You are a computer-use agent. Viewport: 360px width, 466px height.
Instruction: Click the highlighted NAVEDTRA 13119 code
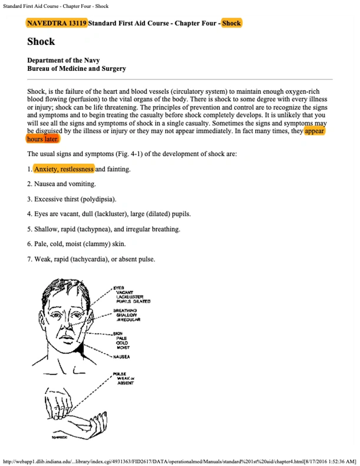pyautogui.click(x=57, y=23)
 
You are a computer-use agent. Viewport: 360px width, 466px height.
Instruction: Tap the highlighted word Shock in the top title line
pyautogui.click(x=231, y=23)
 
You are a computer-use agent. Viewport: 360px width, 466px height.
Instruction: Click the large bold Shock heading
pyautogui.click(x=41, y=42)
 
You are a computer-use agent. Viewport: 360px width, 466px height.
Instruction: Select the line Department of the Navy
pyautogui.click(x=64, y=60)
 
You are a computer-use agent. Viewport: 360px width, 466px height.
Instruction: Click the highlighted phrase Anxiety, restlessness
pyautogui.click(x=64, y=169)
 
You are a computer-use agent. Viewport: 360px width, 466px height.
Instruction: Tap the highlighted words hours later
pyautogui.click(x=43, y=139)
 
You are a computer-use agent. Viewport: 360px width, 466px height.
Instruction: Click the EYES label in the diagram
pyautogui.click(x=119, y=288)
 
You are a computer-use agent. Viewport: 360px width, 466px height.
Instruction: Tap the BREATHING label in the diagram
pyautogui.click(x=125, y=310)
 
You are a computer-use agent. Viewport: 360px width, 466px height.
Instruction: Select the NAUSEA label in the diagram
pyautogui.click(x=121, y=357)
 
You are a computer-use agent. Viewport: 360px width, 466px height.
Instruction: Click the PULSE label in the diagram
pyautogui.click(x=119, y=374)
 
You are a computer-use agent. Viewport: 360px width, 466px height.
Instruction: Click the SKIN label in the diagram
pyautogui.click(x=118, y=333)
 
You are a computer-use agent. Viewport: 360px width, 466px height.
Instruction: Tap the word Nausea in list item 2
pyautogui.click(x=44, y=184)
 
